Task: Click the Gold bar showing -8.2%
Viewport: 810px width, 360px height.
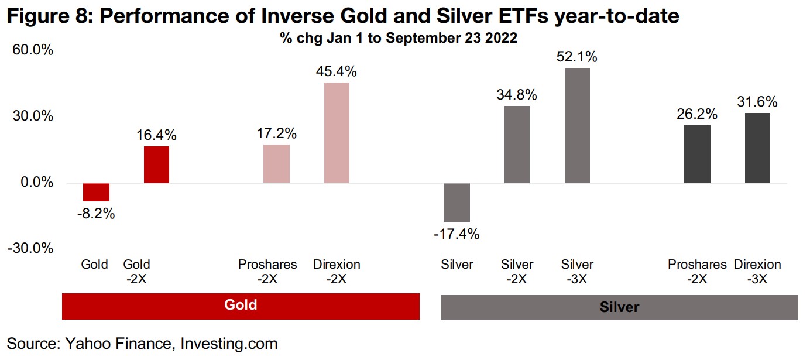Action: tap(96, 192)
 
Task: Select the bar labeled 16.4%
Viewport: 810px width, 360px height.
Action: tap(156, 164)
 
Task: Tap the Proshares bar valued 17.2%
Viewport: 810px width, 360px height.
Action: tap(276, 163)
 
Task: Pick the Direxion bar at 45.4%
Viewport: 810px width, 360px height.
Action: tap(337, 133)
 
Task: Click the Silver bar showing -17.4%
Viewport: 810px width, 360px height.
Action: tap(457, 202)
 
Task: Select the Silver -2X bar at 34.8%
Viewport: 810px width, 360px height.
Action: tap(517, 144)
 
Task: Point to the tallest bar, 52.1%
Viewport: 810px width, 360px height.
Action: tap(577, 125)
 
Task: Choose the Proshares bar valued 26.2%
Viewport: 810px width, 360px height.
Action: tap(697, 154)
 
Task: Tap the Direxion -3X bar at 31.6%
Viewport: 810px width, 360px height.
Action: tap(757, 148)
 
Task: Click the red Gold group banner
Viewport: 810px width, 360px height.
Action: tap(241, 306)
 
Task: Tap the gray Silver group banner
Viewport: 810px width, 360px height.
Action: tap(619, 307)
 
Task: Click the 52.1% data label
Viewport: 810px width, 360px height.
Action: tap(577, 57)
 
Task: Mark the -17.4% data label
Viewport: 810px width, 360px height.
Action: tap(457, 235)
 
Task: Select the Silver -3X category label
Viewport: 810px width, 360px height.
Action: tap(577, 272)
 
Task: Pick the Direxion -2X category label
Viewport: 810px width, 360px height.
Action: tap(337, 272)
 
